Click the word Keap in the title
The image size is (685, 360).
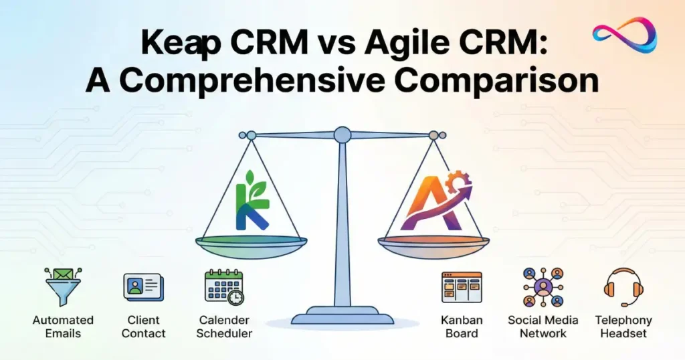click(x=177, y=46)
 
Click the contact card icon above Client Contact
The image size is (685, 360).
click(x=142, y=287)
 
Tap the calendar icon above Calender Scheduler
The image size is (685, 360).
click(x=223, y=288)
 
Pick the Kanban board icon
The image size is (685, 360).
click(x=462, y=287)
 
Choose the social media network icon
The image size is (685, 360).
click(x=543, y=288)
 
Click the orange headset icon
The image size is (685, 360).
click(x=623, y=287)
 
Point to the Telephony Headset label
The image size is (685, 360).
click(x=623, y=327)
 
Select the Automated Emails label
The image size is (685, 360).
click(x=63, y=327)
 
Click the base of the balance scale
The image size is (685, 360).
click(x=342, y=315)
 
